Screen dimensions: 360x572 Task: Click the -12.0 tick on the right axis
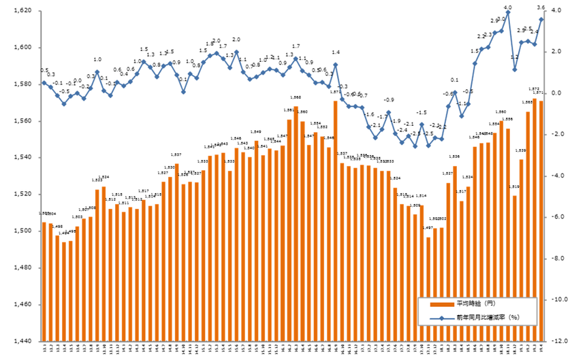[x=560, y=340]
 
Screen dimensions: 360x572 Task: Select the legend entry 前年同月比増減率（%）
[x=486, y=318]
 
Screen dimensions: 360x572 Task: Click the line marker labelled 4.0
[x=508, y=13]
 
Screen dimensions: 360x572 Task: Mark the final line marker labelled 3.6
[x=541, y=19]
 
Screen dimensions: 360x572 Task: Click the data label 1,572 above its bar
[x=535, y=88]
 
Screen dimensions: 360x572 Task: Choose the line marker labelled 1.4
[x=336, y=65]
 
